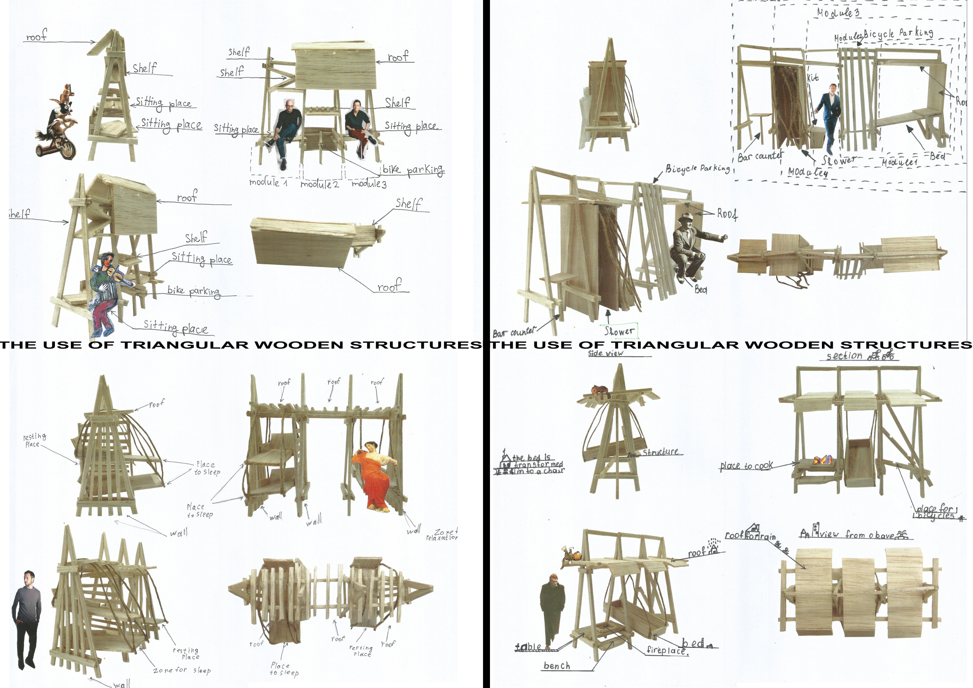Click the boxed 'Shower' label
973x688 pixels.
click(619, 331)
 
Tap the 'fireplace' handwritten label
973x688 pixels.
click(667, 650)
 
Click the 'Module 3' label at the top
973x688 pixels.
click(838, 13)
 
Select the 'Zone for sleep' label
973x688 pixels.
click(182, 670)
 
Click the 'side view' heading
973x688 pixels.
click(606, 353)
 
